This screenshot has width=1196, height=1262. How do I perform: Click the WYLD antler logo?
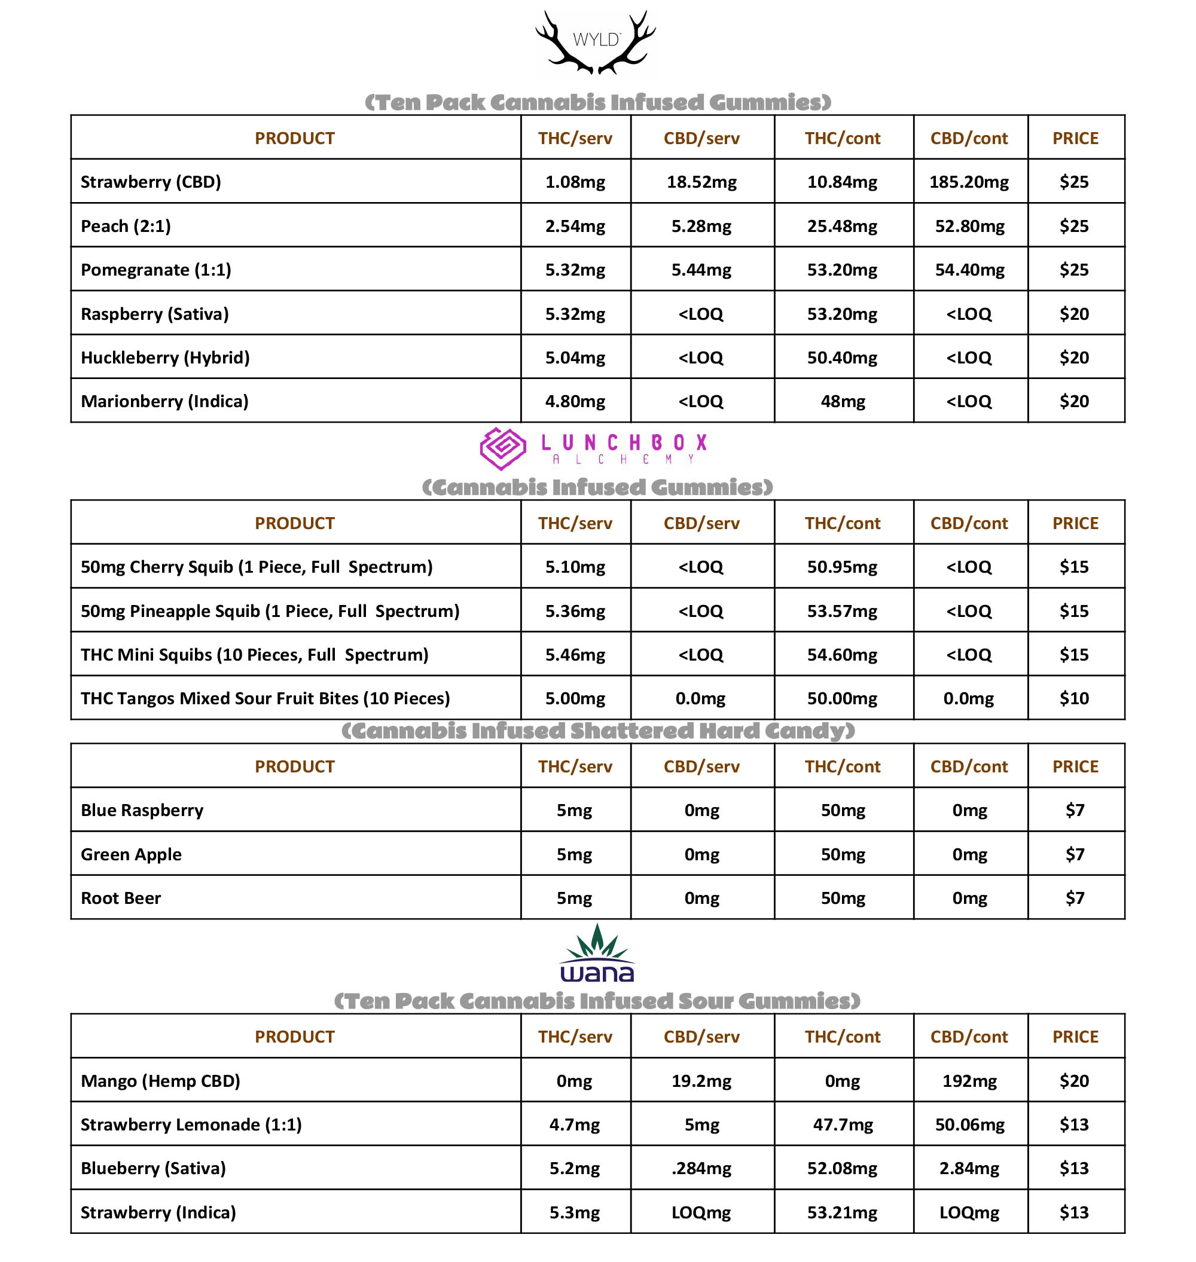pos(596,42)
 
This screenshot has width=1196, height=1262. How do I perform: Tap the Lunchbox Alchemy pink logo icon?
pos(502,448)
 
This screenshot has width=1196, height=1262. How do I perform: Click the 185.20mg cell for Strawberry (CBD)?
pos(968,182)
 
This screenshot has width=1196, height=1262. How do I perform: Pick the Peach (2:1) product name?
pos(126,226)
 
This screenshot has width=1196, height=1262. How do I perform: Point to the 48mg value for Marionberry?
pos(842,402)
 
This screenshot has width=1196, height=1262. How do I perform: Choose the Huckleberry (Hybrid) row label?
pos(165,357)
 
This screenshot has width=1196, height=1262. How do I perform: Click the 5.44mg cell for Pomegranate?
pos(701,270)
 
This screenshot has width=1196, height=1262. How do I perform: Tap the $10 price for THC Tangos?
pos(1073,699)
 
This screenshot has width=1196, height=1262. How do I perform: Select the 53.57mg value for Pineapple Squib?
pos(841,611)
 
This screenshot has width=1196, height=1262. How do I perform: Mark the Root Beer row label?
pos(120,898)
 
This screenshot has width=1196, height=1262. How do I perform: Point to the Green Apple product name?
pos(131,854)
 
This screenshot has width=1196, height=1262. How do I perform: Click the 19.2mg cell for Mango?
pos(701,1081)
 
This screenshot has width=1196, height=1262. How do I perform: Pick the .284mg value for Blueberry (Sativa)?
pos(701,1168)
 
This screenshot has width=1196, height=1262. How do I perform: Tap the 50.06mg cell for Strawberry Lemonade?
pos(969,1125)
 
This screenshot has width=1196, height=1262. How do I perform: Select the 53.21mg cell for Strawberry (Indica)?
pos(841,1212)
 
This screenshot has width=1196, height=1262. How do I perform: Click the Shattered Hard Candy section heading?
pos(597,731)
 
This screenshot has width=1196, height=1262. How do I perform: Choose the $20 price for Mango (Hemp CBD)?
pos(1073,1081)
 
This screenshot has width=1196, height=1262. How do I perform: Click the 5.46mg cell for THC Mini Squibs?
pos(575,655)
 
